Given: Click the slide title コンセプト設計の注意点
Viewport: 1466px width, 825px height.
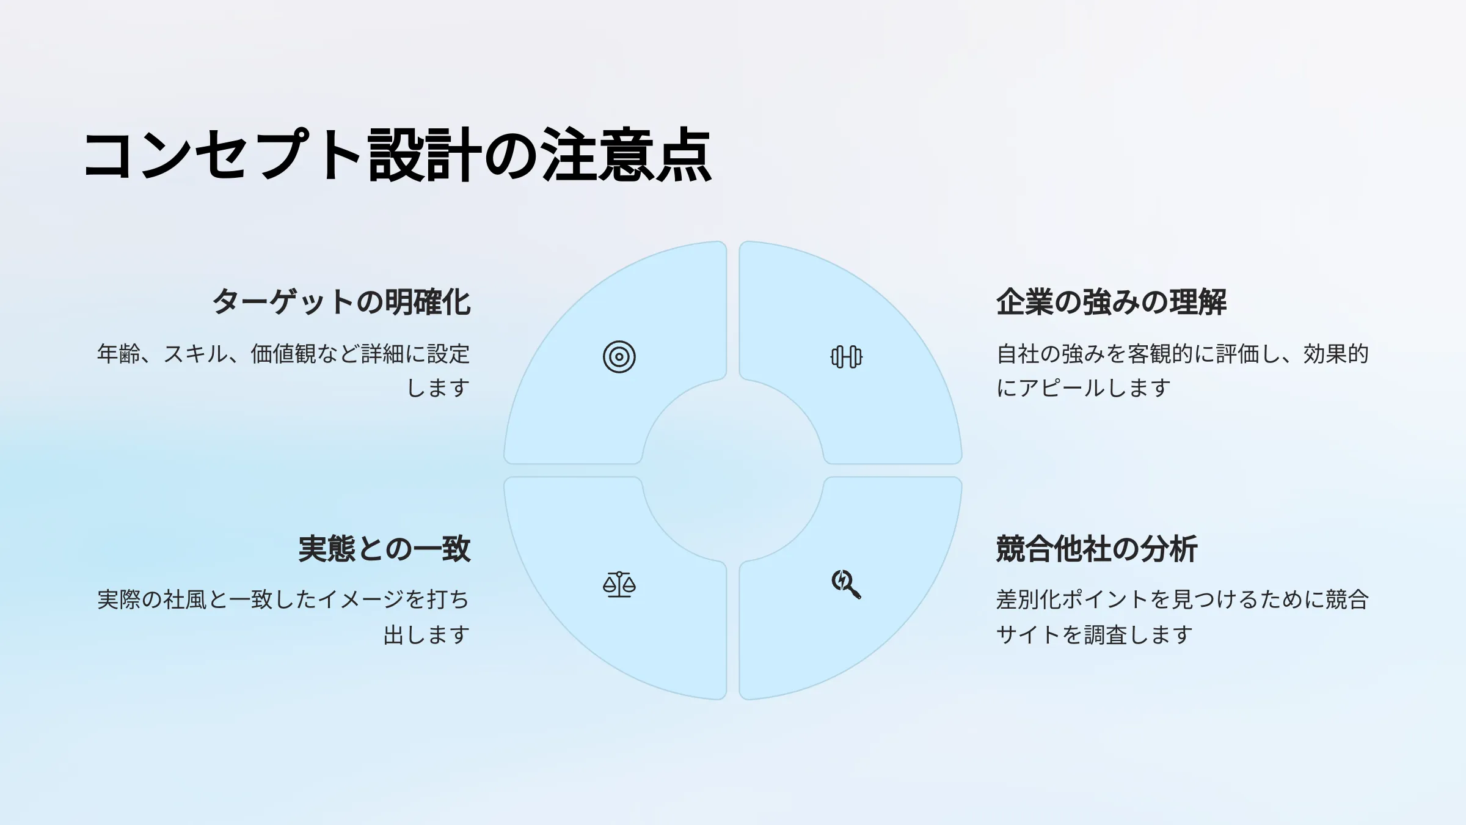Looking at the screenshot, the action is point(398,155).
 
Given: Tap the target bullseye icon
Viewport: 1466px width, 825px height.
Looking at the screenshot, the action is point(619,357).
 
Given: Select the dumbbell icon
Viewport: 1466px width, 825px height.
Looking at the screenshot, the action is point(847,357).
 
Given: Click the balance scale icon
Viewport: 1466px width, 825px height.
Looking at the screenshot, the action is point(619,584).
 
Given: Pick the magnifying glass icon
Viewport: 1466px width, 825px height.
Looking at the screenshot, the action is point(847,584).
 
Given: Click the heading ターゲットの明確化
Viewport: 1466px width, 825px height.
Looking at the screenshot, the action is point(341,302).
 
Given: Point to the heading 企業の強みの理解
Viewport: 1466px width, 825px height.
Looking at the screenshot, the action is point(1111,302).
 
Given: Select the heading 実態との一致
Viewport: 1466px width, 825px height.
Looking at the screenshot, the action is point(385,548).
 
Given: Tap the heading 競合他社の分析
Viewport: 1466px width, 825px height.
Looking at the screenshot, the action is point(1097,548).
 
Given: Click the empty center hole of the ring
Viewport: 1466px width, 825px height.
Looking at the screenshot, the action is point(733,471).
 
